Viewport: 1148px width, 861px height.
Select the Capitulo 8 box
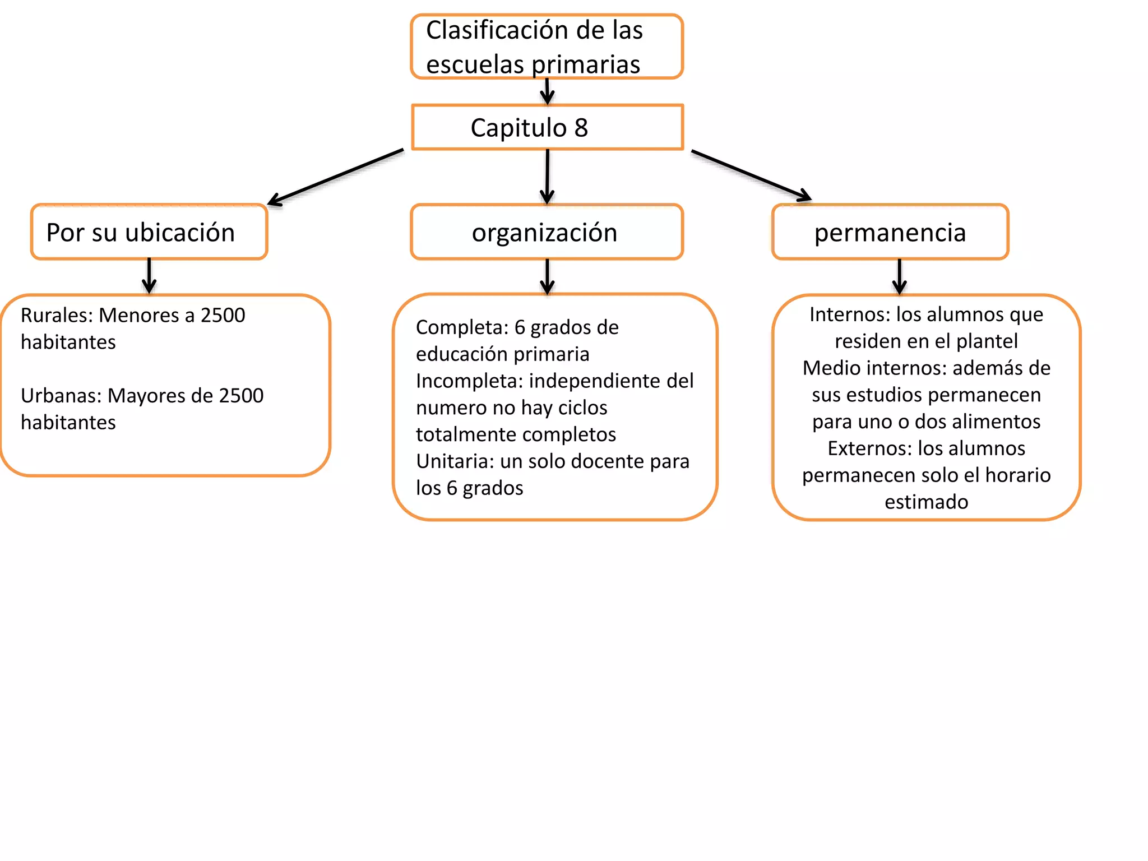coord(547,127)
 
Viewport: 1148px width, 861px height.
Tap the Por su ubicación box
coord(149,232)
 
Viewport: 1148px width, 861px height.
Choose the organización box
coord(547,232)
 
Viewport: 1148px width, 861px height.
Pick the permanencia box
coord(890,232)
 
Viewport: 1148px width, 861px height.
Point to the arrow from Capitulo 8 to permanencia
coord(751,175)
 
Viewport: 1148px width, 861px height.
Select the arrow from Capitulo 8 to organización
coord(547,176)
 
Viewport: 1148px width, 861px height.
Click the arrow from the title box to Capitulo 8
coord(547,91)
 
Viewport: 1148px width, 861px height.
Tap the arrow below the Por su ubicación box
coord(149,276)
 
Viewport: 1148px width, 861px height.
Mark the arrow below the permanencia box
coord(899,276)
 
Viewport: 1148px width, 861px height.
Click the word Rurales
coord(56,316)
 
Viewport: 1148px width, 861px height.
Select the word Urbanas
coord(61,396)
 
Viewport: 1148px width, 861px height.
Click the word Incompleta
coord(469,381)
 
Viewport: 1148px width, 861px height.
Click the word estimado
coord(926,502)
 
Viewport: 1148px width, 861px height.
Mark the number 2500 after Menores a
coord(223,316)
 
